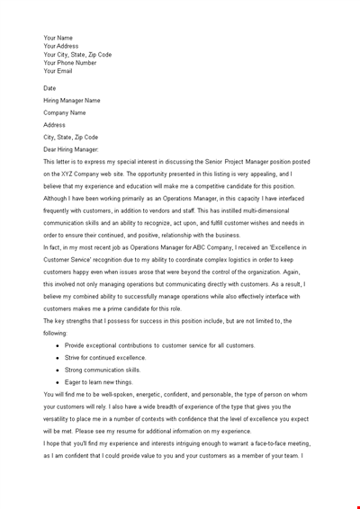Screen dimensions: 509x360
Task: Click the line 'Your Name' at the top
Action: (58, 38)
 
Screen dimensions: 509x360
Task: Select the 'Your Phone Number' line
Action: (69, 62)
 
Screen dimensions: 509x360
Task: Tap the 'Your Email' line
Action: (58, 70)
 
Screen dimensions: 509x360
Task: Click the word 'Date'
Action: (49, 88)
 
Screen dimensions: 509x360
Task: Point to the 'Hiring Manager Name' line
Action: (72, 101)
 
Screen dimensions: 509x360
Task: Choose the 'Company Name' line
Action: (65, 112)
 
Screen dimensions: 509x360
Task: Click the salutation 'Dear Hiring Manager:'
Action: (71, 149)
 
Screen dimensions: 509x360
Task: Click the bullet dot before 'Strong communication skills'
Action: (58, 370)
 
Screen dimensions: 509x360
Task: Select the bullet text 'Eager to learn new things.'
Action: (98, 381)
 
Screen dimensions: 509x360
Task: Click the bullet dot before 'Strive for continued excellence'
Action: (58, 357)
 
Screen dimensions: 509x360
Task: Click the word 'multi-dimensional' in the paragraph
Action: (248, 210)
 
